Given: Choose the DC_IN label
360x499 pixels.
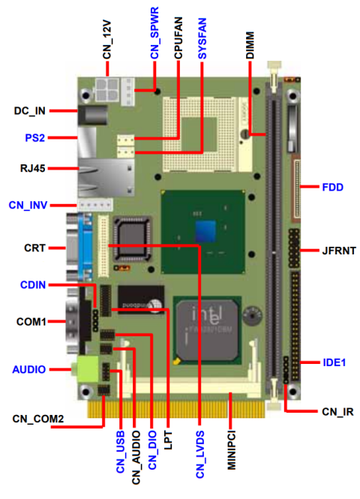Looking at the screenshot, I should point(30,111).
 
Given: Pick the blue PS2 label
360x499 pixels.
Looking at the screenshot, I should point(34,138).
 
